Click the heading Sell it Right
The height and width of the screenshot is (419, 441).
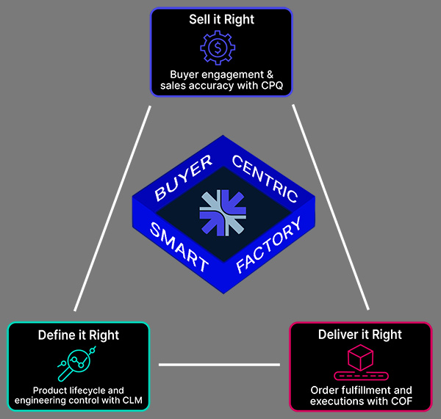click(x=220, y=18)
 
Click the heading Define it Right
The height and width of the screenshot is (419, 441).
click(x=79, y=335)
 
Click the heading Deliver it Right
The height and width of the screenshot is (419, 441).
click(x=360, y=335)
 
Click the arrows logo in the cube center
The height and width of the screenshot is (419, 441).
click(x=220, y=211)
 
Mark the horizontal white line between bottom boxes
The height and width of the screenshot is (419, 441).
click(x=219, y=364)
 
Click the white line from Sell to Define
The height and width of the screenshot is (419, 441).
click(x=112, y=208)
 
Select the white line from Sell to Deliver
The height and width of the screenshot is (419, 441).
click(x=330, y=208)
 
